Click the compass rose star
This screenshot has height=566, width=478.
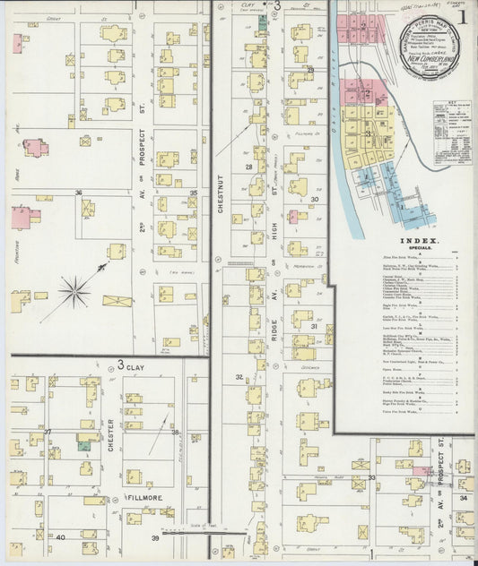(74, 288)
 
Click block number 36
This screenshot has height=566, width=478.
(79, 193)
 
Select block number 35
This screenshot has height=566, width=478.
(193, 193)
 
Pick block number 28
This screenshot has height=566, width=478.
(248, 167)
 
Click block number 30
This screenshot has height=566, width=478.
(315, 200)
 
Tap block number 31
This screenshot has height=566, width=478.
(315, 327)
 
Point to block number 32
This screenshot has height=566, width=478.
(239, 377)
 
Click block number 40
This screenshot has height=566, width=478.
(60, 537)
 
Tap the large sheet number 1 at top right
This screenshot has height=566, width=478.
(463, 15)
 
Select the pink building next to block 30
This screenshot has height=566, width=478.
(293, 216)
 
